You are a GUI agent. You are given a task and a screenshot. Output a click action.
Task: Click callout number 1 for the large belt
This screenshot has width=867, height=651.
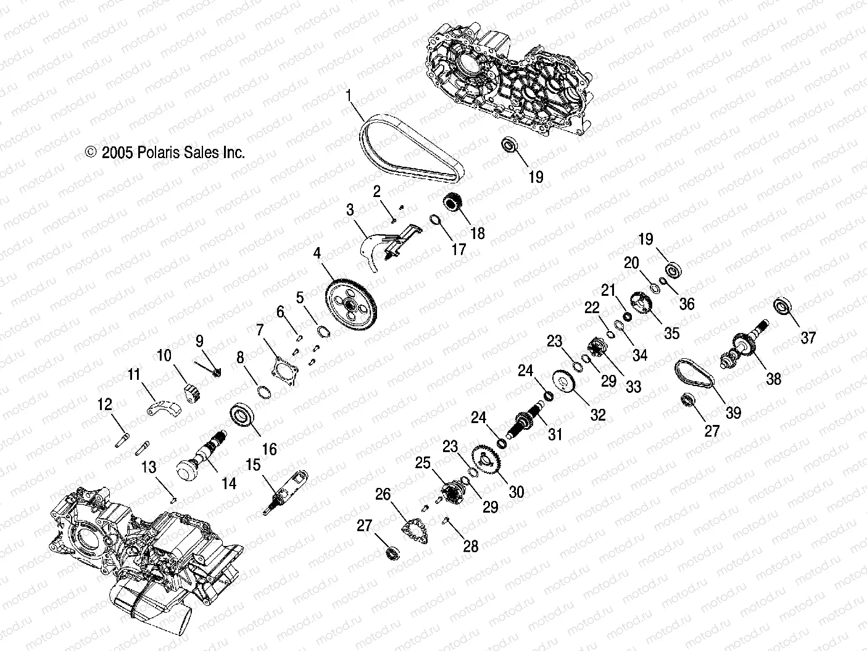[349, 95]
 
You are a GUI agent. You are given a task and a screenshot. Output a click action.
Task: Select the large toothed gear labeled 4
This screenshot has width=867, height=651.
[350, 302]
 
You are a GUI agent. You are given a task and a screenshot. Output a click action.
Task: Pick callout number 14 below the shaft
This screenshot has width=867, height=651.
[229, 484]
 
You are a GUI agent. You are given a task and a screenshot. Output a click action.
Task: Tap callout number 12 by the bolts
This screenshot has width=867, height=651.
[106, 405]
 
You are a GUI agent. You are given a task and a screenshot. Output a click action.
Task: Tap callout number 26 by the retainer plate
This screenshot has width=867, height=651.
[383, 493]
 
